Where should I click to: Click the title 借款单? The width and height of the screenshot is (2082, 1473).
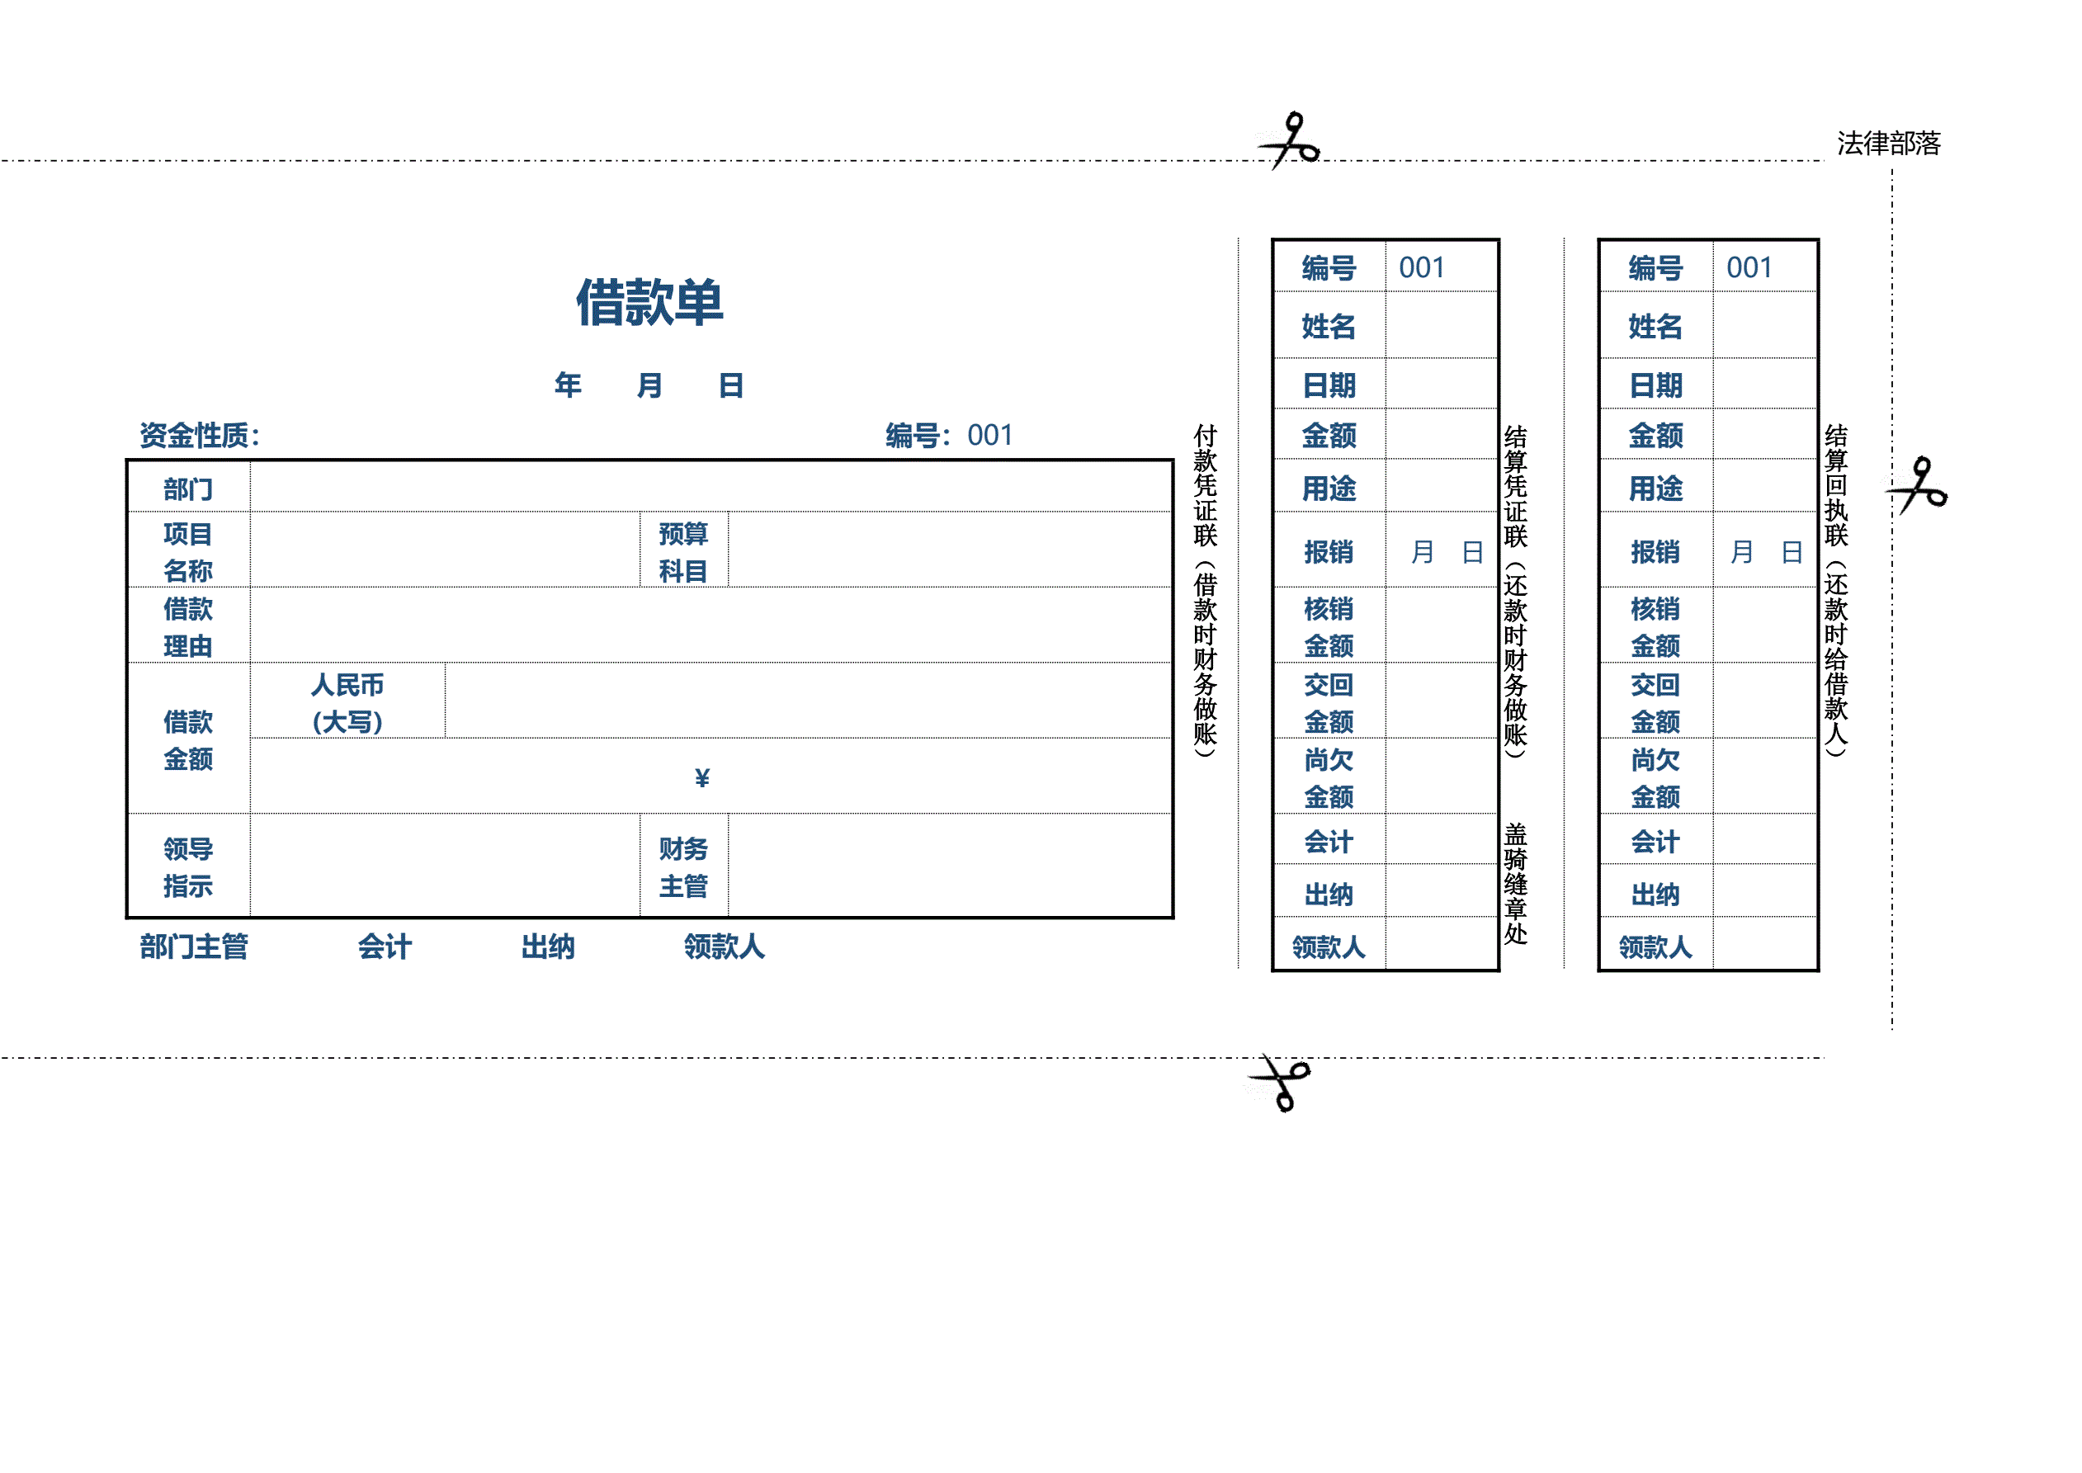coord(649,302)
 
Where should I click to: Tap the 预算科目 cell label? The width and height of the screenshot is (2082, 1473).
coord(682,551)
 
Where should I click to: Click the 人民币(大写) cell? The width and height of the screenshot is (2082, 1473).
coord(347,702)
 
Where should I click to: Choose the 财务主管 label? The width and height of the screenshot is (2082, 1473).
coord(682,867)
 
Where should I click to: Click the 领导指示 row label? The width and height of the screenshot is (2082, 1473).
coord(187,867)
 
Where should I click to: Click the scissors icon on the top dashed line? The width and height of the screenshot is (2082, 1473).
coord(1290,141)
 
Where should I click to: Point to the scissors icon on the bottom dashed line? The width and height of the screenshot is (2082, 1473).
coord(1281,1081)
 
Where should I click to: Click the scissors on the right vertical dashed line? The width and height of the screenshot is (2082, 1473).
coord(1919,484)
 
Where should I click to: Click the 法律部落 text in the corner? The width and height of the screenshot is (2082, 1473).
coord(1888,144)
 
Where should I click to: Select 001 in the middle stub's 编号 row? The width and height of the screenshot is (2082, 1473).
coord(1421,267)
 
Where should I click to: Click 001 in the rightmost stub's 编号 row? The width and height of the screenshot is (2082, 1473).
coord(1749,267)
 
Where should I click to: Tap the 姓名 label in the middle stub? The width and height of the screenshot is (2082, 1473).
coord(1329,326)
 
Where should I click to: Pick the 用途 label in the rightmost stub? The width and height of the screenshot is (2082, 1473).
coord(1655,489)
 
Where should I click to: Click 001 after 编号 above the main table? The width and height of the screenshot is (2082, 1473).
coord(989,436)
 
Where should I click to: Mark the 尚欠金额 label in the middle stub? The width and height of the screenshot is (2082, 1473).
coord(1329,777)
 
